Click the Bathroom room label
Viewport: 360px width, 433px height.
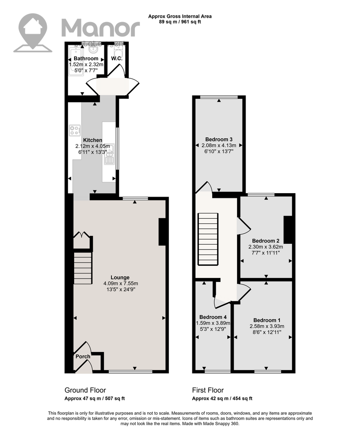pyautogui.click(x=86, y=58)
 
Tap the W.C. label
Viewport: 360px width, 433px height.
pyautogui.click(x=117, y=58)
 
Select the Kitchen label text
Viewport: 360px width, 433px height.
pyautogui.click(x=93, y=140)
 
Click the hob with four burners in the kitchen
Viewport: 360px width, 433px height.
pyautogui.click(x=75, y=130)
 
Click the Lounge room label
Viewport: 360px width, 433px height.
pyautogui.click(x=120, y=278)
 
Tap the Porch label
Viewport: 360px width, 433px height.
pyautogui.click(x=83, y=356)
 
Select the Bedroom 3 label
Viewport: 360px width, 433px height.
pyautogui.click(x=219, y=139)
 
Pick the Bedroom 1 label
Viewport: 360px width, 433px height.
pyautogui.click(x=267, y=320)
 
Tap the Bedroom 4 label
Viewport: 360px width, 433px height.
pyautogui.click(x=213, y=317)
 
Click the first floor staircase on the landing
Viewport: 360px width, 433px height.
pyautogui.click(x=208, y=239)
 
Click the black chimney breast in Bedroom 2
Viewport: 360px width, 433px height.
pyautogui.click(x=288, y=229)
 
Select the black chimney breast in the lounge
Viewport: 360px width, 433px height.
pyautogui.click(x=162, y=232)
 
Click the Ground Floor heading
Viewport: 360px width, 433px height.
pyautogui.click(x=85, y=390)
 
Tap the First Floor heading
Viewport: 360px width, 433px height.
pyautogui.click(x=208, y=390)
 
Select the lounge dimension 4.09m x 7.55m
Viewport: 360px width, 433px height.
pyautogui.click(x=121, y=284)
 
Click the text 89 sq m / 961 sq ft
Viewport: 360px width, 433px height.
pyautogui.click(x=180, y=22)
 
